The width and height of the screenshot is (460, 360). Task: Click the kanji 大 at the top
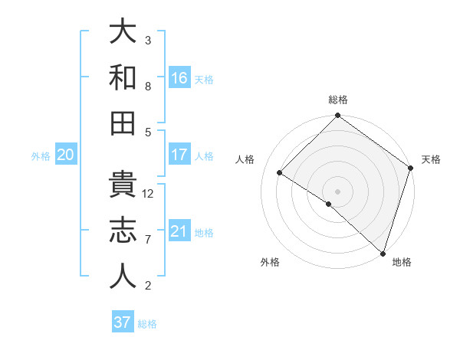tap(123, 32)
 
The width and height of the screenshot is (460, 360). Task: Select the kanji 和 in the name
tap(123, 77)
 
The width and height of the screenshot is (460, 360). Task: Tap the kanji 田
tap(123, 123)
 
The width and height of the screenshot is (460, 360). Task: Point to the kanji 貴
tap(123, 185)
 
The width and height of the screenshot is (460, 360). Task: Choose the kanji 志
tap(123, 231)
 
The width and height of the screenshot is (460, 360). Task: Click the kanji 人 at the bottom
tap(123, 277)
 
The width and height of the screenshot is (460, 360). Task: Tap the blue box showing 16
tap(179, 77)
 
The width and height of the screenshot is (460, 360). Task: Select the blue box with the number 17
tap(179, 155)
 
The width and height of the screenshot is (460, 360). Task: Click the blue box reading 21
tap(179, 231)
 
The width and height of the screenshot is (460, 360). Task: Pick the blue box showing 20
tap(65, 155)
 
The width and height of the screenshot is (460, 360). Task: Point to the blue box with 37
tap(123, 322)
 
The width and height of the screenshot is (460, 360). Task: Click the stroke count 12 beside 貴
tap(149, 194)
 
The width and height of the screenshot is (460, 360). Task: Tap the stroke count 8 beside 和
tap(148, 87)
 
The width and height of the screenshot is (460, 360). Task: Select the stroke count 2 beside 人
tap(148, 286)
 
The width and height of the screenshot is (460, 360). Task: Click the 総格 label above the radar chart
tap(338, 100)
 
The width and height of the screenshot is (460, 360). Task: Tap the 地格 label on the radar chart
tap(402, 262)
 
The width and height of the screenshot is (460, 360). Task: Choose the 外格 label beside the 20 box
tap(41, 156)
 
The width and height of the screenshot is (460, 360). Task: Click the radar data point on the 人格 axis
tap(280, 173)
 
